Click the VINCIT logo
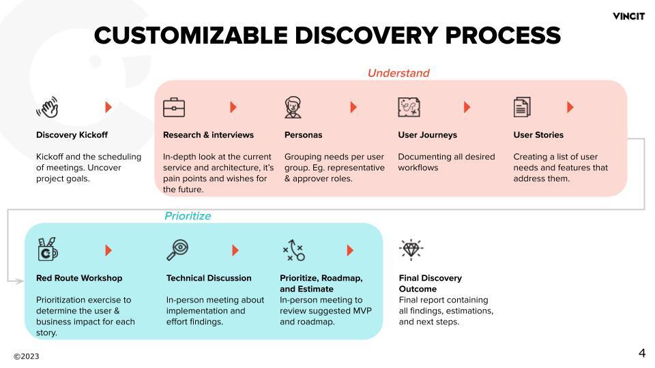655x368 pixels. (628, 16)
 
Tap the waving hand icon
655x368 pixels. (48, 107)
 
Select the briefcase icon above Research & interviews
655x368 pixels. (174, 107)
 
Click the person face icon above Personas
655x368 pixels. (293, 107)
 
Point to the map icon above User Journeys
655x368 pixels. (409, 107)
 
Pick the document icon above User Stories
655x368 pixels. (522, 107)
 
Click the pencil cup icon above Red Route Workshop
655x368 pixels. (48, 249)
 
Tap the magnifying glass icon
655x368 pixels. (177, 250)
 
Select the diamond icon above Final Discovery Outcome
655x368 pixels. (411, 249)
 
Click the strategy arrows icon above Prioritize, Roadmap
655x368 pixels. (293, 250)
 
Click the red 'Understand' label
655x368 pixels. (398, 73)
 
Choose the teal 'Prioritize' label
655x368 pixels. (188, 216)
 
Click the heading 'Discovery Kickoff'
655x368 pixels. (72, 135)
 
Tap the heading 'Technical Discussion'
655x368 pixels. (209, 278)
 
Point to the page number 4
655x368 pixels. (642, 353)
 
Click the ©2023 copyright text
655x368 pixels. (27, 356)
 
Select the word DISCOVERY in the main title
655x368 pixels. (367, 35)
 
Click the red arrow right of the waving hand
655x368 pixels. (108, 107)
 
